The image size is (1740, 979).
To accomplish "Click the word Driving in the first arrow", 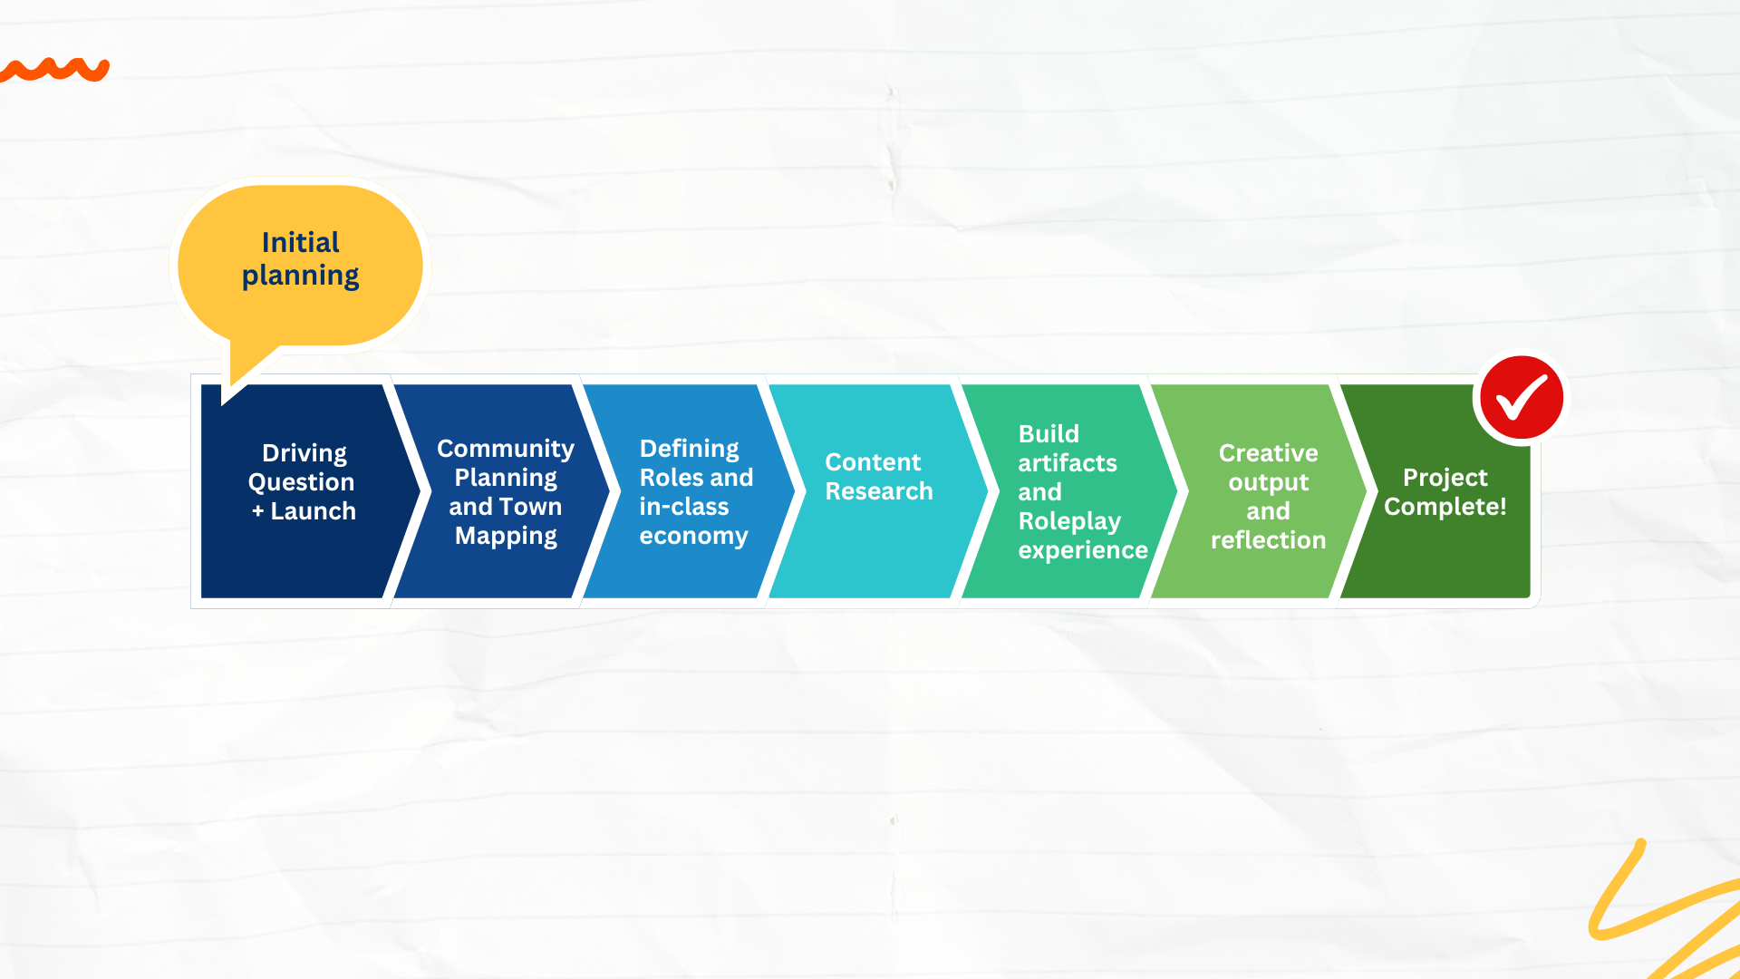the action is click(x=304, y=453).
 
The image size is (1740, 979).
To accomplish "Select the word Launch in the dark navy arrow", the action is click(x=314, y=511).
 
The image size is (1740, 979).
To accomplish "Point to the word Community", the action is click(x=506, y=449).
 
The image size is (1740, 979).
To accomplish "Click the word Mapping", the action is click(x=506, y=536).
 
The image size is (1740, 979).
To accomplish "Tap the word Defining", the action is click(x=690, y=449).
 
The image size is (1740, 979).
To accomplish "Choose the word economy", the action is click(x=694, y=536).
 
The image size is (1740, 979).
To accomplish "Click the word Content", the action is click(x=873, y=462).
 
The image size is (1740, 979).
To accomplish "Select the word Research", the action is click(x=879, y=491).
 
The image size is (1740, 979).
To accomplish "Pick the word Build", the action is click(x=1049, y=434).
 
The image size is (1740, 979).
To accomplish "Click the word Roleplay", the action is click(x=1069, y=521).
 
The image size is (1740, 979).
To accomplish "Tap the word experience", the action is click(x=1083, y=550).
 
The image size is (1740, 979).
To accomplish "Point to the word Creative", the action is click(x=1269, y=453).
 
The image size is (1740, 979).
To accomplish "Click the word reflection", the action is click(x=1269, y=540).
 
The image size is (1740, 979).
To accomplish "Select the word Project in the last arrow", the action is click(x=1445, y=478).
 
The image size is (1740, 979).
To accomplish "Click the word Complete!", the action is click(x=1445, y=507).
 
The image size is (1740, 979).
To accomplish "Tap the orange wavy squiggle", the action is click(x=54, y=70).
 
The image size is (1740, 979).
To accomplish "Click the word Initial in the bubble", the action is click(x=300, y=243).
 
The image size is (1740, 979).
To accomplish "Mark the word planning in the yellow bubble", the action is click(x=300, y=276).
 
